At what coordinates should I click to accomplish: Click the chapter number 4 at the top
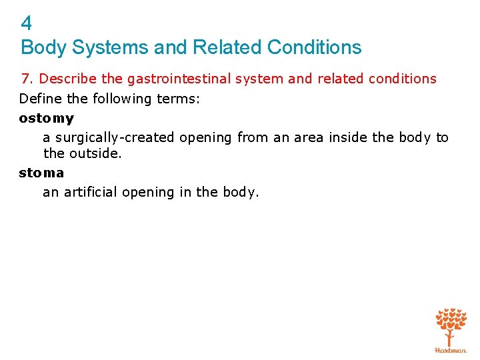point(26,24)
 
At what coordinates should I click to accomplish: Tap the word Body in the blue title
point(43,47)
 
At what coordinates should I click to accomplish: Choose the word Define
point(40,99)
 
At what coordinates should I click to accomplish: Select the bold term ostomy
point(46,119)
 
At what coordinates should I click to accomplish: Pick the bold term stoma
point(41,173)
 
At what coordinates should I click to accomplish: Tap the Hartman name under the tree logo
point(451,349)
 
